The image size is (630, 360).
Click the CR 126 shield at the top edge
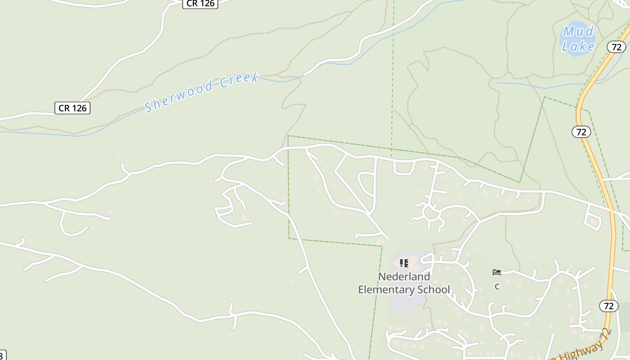tap(200, 4)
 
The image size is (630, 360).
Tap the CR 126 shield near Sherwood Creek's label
tap(72, 108)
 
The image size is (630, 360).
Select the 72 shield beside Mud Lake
tap(616, 46)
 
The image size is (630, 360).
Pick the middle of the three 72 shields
tap(581, 132)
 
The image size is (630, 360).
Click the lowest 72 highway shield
tap(608, 306)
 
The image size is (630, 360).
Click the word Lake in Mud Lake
tap(578, 46)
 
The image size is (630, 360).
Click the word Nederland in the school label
tap(404, 276)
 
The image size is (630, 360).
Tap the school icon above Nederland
tap(404, 263)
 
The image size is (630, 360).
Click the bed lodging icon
tap(497, 272)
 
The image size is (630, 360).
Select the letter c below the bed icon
tap(497, 286)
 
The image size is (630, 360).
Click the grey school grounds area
tap(405, 301)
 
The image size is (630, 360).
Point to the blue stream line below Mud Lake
tap(540, 86)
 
